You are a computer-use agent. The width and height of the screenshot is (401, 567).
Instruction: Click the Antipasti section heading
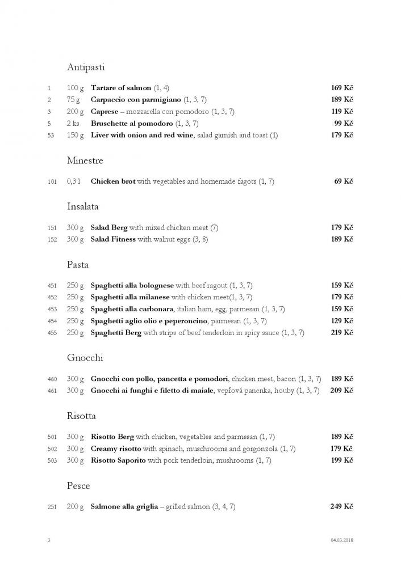coord(85,67)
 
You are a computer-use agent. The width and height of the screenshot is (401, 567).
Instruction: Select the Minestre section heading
coord(85,161)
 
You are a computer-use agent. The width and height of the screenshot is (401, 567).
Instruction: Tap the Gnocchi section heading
coord(85,358)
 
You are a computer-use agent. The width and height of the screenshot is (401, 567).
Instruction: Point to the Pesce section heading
coord(78,486)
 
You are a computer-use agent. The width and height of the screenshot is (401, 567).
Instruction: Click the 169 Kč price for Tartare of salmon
coord(342,88)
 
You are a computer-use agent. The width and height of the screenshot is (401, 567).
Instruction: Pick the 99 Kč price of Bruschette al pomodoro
coord(344,124)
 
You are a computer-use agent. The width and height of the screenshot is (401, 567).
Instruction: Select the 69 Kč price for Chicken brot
coord(344,181)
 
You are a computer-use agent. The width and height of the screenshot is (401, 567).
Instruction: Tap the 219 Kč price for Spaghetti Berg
coord(342,333)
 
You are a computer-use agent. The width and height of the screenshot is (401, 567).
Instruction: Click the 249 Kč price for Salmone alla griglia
coord(342,506)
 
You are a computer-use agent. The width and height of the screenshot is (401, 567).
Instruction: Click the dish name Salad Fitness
coord(114,239)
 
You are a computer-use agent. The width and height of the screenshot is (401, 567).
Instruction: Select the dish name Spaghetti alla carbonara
coord(133,309)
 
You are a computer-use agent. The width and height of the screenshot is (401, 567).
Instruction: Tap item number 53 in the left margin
coord(50,136)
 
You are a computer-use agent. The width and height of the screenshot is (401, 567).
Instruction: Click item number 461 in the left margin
coord(52,391)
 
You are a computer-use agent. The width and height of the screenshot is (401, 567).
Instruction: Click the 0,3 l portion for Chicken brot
coord(74,181)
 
